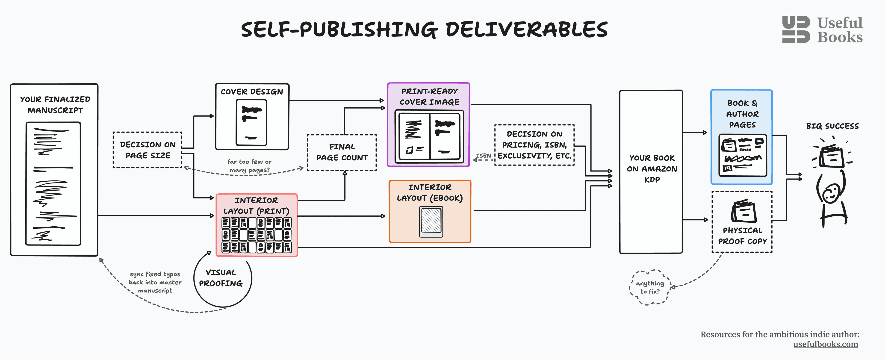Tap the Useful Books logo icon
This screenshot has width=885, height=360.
click(796, 30)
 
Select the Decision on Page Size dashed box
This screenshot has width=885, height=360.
click(148, 150)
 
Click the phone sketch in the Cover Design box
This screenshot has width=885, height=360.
click(251, 122)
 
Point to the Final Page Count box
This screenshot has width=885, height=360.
click(342, 152)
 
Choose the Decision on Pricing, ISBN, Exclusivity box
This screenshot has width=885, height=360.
click(534, 145)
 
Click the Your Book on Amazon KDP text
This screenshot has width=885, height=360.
click(652, 169)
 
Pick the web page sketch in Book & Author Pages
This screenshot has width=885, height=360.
click(742, 155)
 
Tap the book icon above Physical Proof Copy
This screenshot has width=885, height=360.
click(743, 211)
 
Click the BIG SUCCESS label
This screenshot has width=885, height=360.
click(832, 126)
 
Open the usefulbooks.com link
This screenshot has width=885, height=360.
click(825, 344)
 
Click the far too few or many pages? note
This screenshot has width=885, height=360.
click(249, 165)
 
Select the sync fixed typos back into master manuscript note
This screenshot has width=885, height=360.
click(155, 282)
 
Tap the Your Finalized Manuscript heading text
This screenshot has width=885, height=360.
click(55, 105)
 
